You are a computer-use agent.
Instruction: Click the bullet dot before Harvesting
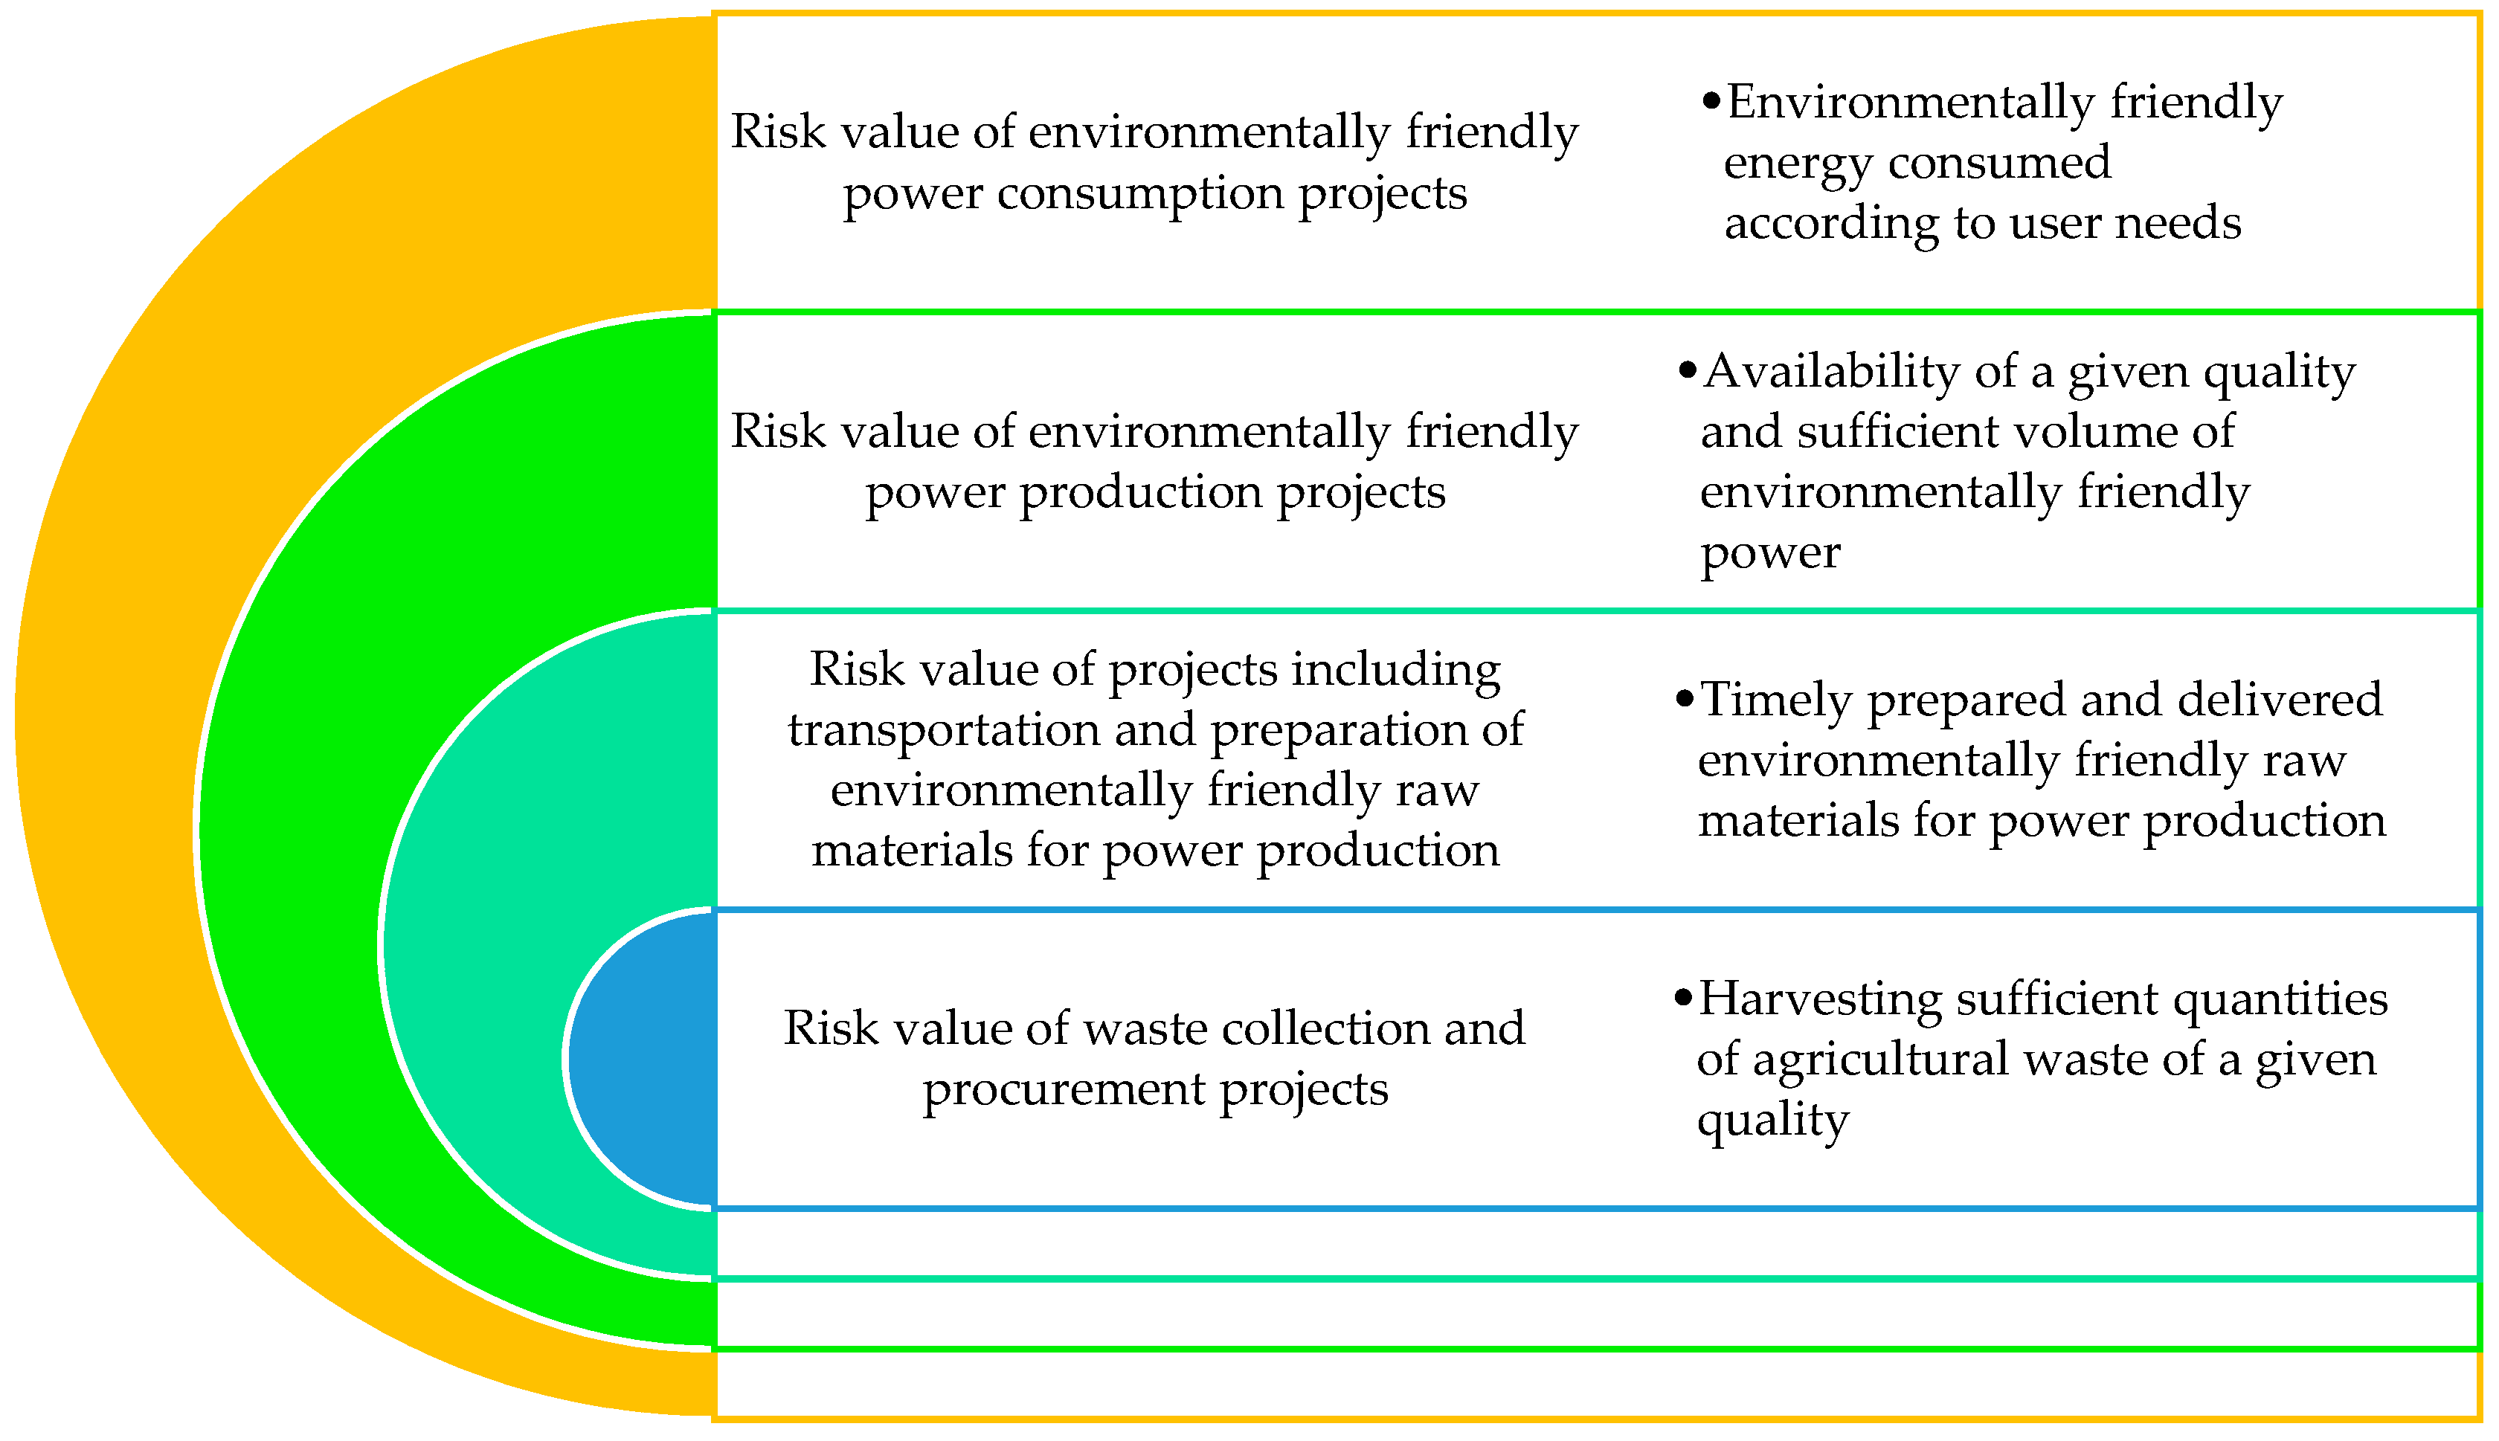[1684, 999]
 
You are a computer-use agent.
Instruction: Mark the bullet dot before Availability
[1688, 372]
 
